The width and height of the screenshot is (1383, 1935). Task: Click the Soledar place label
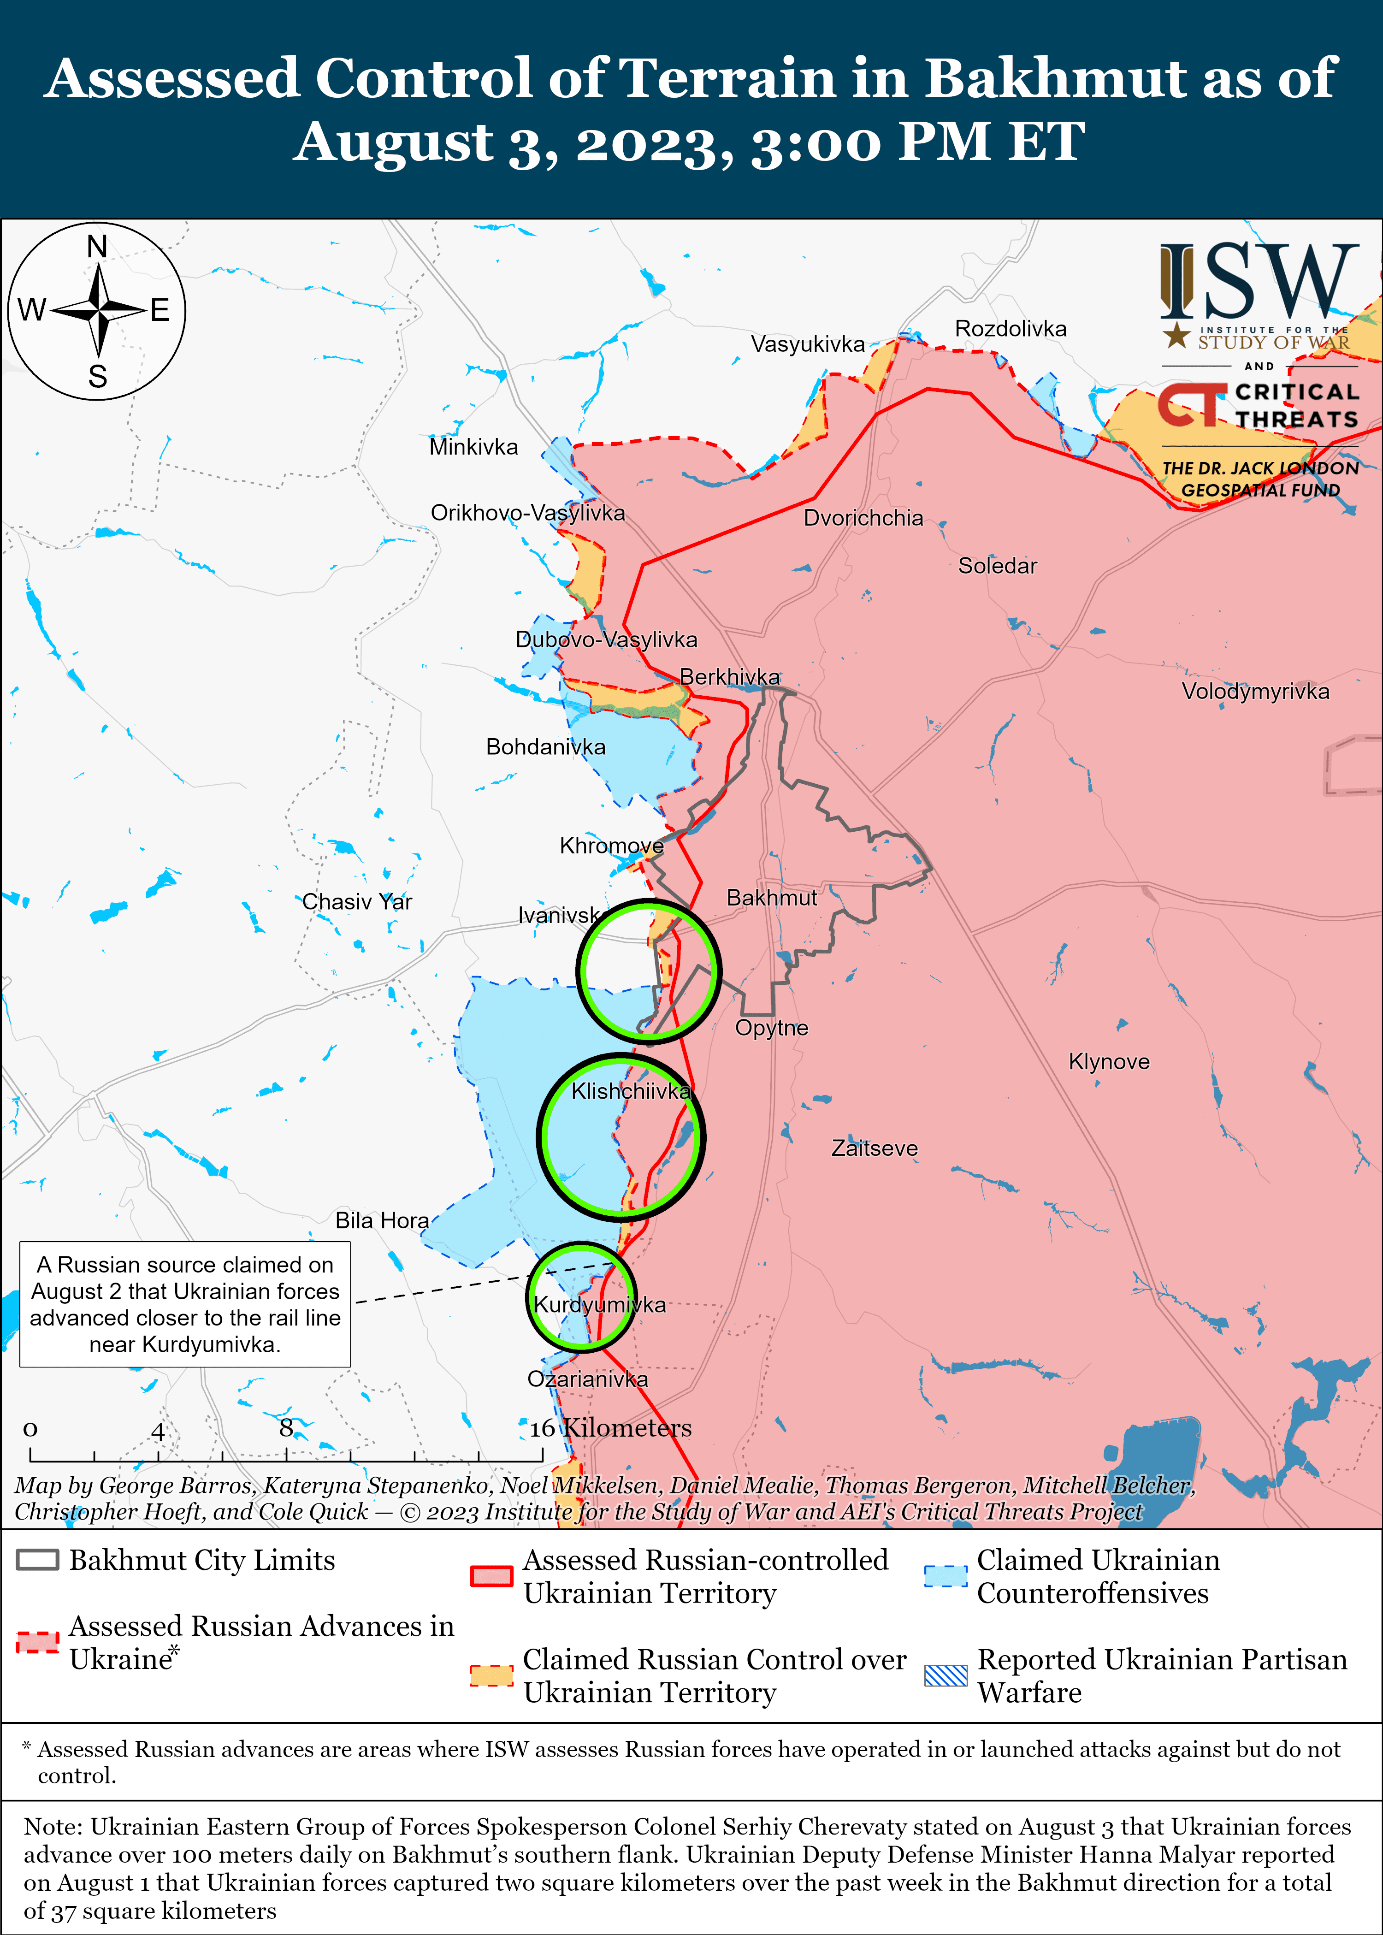[x=997, y=566]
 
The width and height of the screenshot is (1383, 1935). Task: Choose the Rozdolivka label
[x=1010, y=329]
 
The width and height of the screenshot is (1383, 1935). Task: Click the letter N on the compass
[x=97, y=247]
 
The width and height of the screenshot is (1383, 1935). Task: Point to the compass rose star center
[x=99, y=310]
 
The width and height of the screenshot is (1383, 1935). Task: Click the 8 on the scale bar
[x=286, y=1427]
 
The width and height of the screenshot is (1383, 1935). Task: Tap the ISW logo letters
[x=1259, y=281]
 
